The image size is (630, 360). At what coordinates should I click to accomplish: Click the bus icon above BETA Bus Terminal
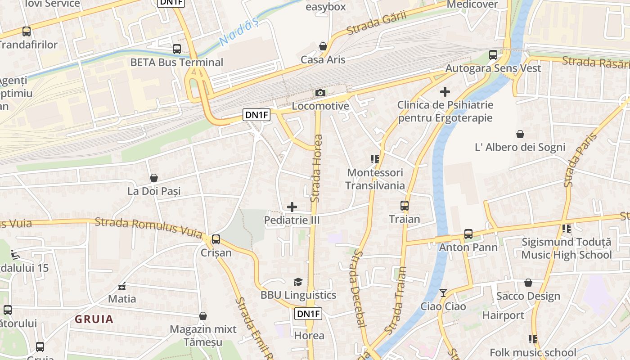tap(177, 49)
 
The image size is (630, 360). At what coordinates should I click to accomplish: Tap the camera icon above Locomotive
tap(320, 93)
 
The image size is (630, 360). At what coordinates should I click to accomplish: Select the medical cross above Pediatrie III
tap(292, 207)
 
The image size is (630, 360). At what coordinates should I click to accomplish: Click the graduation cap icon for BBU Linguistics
tap(298, 282)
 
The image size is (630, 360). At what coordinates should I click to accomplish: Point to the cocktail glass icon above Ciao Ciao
tap(443, 293)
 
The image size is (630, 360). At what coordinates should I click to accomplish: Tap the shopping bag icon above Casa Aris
tap(323, 46)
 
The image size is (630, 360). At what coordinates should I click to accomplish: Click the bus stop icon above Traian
tap(405, 206)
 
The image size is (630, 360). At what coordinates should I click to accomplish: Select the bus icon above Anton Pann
tap(468, 234)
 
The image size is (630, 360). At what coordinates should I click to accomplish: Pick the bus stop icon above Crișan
tap(216, 239)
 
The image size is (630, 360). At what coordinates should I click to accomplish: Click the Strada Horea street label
tap(317, 169)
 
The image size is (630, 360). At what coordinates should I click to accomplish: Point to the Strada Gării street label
tap(377, 22)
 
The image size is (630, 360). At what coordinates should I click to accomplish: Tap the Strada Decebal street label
tap(358, 288)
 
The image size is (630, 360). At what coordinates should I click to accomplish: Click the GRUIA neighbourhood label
tap(94, 319)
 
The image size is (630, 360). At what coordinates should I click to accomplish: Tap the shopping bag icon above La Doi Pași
tap(154, 178)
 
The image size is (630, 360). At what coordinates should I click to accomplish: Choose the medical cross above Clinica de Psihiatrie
tap(445, 92)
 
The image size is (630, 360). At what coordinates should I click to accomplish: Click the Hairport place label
tap(503, 315)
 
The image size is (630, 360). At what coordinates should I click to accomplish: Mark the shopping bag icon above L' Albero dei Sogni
tap(520, 134)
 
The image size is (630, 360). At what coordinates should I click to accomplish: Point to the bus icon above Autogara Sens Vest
tap(493, 55)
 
